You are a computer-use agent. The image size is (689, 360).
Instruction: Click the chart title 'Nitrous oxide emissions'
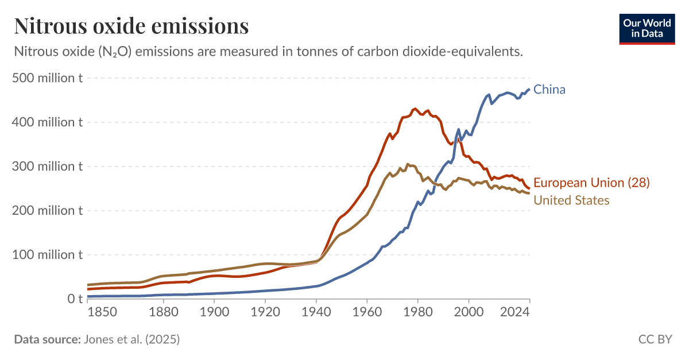(x=131, y=26)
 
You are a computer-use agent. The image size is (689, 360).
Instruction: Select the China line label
(x=549, y=90)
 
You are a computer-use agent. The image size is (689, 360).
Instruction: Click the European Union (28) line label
(x=591, y=183)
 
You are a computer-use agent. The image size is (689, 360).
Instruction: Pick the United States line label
(x=571, y=200)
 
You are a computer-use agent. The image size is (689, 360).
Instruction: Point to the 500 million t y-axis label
(x=48, y=78)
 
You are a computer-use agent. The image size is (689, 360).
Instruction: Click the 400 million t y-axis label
(x=48, y=122)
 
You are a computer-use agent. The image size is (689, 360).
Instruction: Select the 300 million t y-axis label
(x=48, y=166)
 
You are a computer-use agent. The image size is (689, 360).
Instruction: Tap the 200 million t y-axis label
(x=48, y=210)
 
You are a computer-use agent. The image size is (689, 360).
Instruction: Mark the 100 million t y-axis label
(x=48, y=254)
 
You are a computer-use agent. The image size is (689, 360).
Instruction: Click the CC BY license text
(x=655, y=339)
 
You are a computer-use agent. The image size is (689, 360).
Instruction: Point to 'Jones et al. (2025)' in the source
(x=131, y=339)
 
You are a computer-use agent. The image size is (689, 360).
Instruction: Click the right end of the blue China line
(x=529, y=89)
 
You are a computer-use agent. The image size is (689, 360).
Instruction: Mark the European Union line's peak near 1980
(x=415, y=108)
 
